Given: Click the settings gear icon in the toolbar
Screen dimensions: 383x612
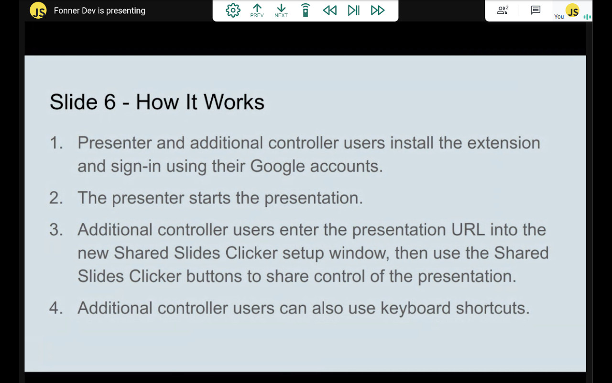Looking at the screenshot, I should click(x=233, y=10).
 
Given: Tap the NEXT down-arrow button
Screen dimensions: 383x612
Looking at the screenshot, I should click(x=281, y=11).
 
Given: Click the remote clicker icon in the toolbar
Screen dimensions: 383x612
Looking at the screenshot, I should click(x=306, y=10).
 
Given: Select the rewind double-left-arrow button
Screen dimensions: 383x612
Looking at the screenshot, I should click(x=329, y=10).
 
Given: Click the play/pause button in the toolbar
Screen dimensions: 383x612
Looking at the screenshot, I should click(x=354, y=10).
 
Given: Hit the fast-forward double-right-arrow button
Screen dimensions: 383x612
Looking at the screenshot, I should click(x=378, y=10).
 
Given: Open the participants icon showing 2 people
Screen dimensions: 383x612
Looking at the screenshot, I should click(x=502, y=10).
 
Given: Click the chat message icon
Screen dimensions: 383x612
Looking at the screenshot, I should click(x=535, y=10).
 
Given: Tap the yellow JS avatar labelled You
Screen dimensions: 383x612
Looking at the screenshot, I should click(x=572, y=11).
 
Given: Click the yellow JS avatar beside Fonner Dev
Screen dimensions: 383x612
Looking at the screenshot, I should click(x=38, y=11).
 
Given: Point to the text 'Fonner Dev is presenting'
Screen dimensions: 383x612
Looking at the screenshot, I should click(x=99, y=11).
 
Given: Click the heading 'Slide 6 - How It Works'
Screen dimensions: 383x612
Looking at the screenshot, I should click(x=157, y=102).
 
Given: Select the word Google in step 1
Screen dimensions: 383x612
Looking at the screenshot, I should click(x=277, y=166).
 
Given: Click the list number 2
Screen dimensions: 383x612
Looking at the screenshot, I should click(x=56, y=198).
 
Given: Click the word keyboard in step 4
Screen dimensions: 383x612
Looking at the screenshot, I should click(x=415, y=308).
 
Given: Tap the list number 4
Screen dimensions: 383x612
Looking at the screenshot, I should click(x=56, y=308).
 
